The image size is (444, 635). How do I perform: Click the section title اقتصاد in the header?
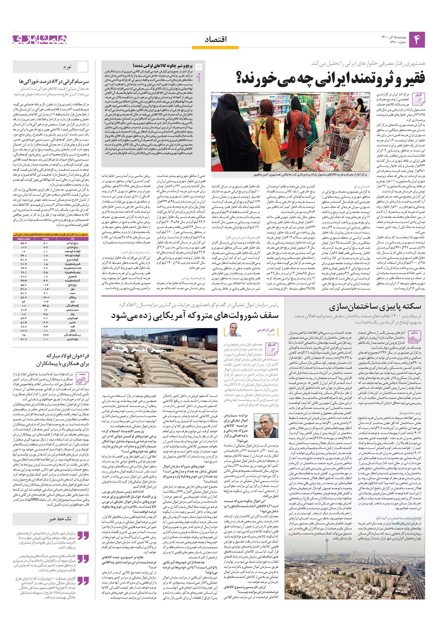[216, 40]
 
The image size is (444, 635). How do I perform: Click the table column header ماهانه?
[46, 238]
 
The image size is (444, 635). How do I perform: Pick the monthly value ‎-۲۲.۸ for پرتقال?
[45, 297]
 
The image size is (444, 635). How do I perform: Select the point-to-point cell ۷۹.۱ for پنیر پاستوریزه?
[23, 272]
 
